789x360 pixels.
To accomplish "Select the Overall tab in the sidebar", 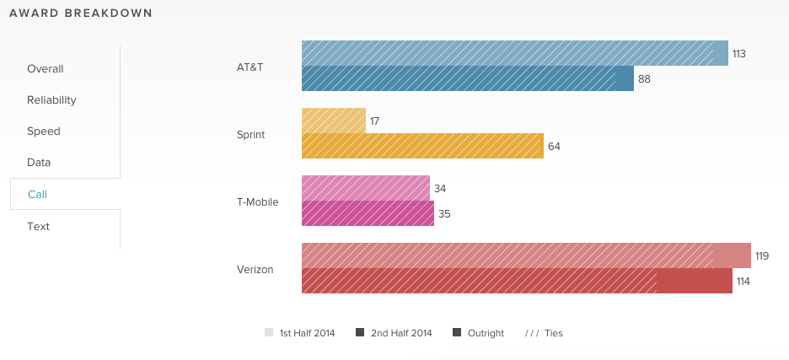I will click(x=46, y=69).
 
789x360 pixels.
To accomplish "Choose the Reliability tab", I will click(x=51, y=100).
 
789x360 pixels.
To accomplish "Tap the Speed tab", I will click(x=44, y=132).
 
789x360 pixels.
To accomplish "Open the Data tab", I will click(x=40, y=163).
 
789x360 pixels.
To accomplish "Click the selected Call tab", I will click(x=38, y=195).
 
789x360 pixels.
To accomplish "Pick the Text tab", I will click(x=39, y=227).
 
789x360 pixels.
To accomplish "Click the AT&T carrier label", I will click(x=250, y=67).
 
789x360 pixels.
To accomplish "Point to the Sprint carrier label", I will click(x=251, y=134).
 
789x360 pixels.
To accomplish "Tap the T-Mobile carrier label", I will click(x=258, y=201).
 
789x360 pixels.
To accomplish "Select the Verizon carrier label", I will click(x=255, y=269).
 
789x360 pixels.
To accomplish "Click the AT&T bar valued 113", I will click(x=514, y=53).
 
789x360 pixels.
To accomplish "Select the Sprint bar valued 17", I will click(x=334, y=121).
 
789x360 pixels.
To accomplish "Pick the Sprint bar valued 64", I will click(x=422, y=146).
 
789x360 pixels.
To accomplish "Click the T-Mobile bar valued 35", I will click(x=368, y=213).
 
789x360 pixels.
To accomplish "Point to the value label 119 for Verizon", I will click(x=762, y=256).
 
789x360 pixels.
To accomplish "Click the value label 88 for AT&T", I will click(x=644, y=79).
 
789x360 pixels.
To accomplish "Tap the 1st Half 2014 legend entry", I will click(x=300, y=333).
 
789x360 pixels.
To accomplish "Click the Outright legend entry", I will click(x=479, y=333).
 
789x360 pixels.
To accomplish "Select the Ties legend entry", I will click(x=544, y=333).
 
